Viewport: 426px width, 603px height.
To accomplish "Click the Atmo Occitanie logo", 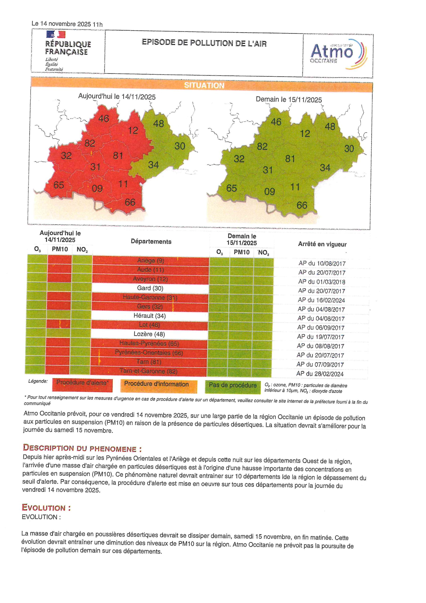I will click(x=338, y=54).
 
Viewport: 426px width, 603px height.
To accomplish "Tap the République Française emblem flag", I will click(x=56, y=34).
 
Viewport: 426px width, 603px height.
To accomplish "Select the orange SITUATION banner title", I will click(x=204, y=85).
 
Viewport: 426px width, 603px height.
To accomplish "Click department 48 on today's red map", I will click(x=158, y=123).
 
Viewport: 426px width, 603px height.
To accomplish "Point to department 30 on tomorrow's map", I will click(x=349, y=149).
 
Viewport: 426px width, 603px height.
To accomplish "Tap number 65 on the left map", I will click(x=59, y=185).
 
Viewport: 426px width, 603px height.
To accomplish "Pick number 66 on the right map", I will click(x=302, y=205).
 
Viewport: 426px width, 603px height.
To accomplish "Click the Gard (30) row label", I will click(x=150, y=288).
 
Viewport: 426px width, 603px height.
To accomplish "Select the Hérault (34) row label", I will click(x=150, y=316).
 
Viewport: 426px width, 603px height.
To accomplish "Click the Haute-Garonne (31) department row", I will click(x=150, y=297).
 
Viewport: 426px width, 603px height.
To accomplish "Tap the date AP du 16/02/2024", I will click(x=321, y=300).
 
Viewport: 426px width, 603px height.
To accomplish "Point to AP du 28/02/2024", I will click(x=320, y=374).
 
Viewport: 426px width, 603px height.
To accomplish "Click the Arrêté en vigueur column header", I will click(x=322, y=244).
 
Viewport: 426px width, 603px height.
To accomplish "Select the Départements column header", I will click(x=151, y=242).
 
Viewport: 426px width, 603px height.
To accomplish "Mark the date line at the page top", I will click(x=67, y=24).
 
